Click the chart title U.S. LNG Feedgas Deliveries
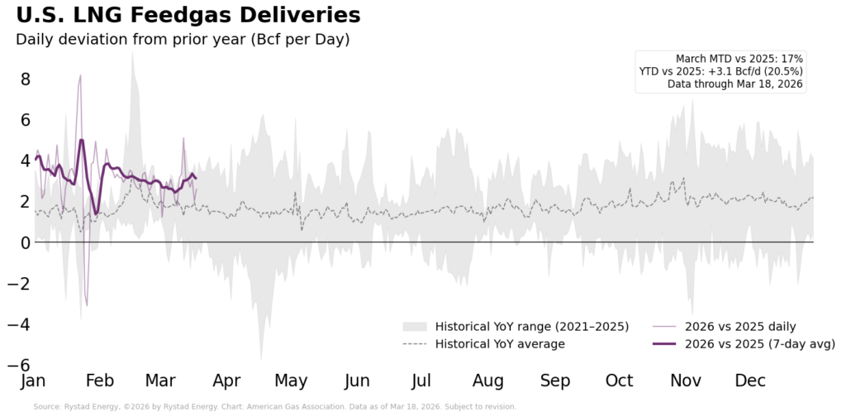click(x=188, y=16)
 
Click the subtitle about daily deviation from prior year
click(x=182, y=39)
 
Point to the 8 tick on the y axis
click(x=26, y=79)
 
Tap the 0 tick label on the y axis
click(x=26, y=242)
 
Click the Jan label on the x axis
click(x=33, y=381)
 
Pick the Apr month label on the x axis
click(x=226, y=381)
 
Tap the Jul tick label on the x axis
click(x=421, y=381)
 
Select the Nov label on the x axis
click(x=686, y=381)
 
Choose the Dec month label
click(x=750, y=381)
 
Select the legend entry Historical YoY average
click(x=500, y=344)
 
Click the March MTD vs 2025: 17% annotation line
click(x=739, y=59)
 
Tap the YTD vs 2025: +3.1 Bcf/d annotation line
click(x=720, y=71)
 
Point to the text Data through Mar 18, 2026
click(x=734, y=84)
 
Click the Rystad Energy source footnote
click(x=274, y=407)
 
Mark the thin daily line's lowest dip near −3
click(x=87, y=305)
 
